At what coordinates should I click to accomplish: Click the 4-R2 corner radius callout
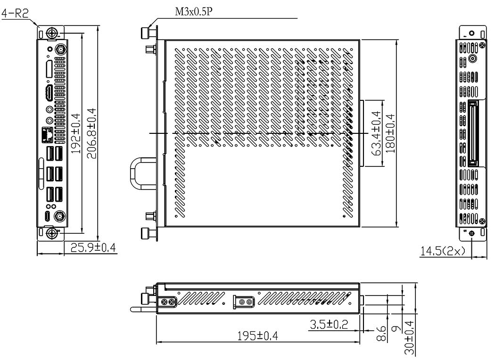click(x=15, y=13)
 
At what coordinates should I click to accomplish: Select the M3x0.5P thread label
click(x=194, y=12)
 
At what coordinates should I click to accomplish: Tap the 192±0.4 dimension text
click(x=76, y=134)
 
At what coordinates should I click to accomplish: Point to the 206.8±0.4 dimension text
click(x=91, y=133)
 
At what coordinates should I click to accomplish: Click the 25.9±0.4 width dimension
click(x=93, y=247)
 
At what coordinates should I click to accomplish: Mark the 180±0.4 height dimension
click(x=390, y=133)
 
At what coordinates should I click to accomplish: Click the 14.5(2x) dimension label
click(x=443, y=251)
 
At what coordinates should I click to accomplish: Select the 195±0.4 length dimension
click(x=257, y=335)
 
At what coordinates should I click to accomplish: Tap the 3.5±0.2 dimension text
click(x=329, y=324)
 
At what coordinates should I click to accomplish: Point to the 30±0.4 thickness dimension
click(x=409, y=338)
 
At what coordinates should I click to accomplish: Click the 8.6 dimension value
click(x=381, y=334)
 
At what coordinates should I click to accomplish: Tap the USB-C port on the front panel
click(x=47, y=216)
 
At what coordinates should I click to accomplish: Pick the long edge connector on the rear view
click(x=472, y=133)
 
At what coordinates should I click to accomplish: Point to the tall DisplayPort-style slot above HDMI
click(x=49, y=68)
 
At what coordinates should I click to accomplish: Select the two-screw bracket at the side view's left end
click(x=167, y=302)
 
